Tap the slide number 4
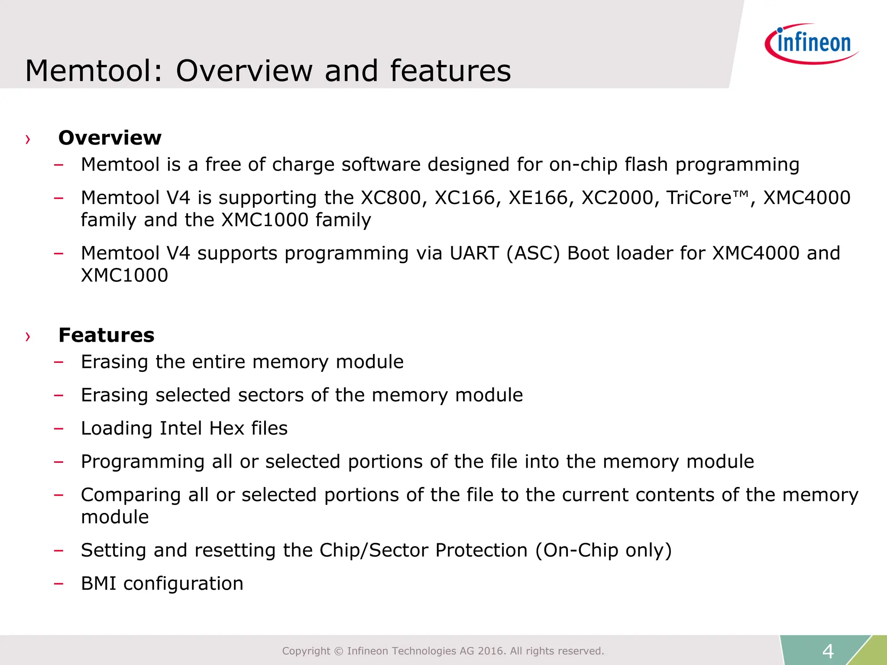(x=828, y=651)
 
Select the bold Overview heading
(x=110, y=138)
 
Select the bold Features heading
(x=107, y=335)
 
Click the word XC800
(x=391, y=198)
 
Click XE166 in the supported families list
(x=538, y=198)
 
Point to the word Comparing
(x=131, y=495)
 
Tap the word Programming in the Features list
(x=142, y=462)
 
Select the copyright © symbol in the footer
(x=339, y=651)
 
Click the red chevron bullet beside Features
(x=28, y=336)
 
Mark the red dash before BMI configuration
(x=58, y=584)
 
